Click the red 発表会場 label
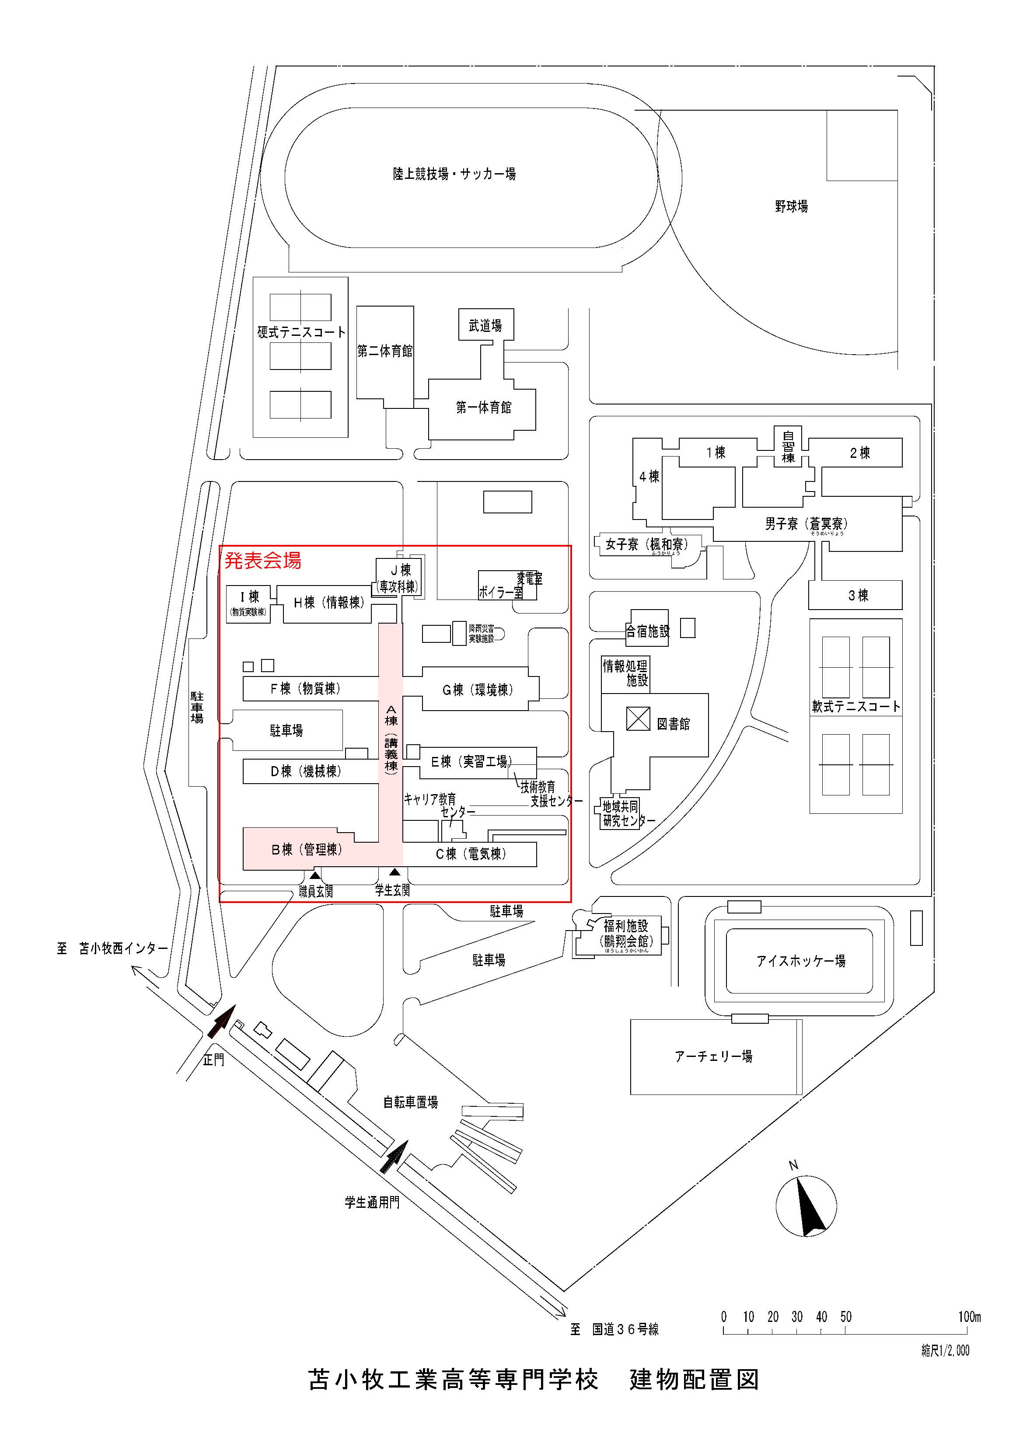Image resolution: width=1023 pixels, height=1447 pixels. [263, 560]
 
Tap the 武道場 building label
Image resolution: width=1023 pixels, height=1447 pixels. [485, 326]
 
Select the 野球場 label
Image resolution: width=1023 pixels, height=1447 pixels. [791, 206]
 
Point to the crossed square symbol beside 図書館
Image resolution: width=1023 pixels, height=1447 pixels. [638, 718]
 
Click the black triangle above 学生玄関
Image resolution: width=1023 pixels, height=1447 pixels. [395, 872]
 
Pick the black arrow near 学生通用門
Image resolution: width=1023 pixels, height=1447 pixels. [395, 1157]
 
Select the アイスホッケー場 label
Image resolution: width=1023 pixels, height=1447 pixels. [800, 961]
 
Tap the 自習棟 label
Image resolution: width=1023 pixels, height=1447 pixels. [788, 446]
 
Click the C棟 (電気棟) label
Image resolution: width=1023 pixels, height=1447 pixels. [470, 854]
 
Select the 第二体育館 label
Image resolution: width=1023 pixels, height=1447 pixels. [384, 351]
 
